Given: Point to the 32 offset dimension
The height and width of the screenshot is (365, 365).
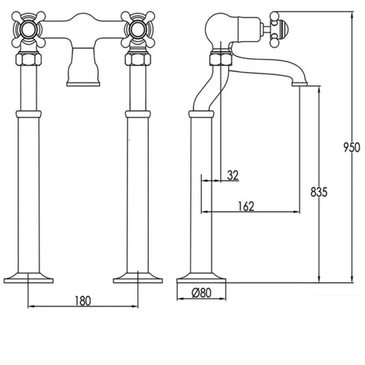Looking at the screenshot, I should pyautogui.click(x=232, y=175).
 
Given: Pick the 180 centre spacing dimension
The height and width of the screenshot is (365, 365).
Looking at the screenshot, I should pyautogui.click(x=83, y=301).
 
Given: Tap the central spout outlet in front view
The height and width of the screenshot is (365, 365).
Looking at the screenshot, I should pyautogui.click(x=83, y=75).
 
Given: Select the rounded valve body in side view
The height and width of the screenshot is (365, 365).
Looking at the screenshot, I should pyautogui.click(x=224, y=27).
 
